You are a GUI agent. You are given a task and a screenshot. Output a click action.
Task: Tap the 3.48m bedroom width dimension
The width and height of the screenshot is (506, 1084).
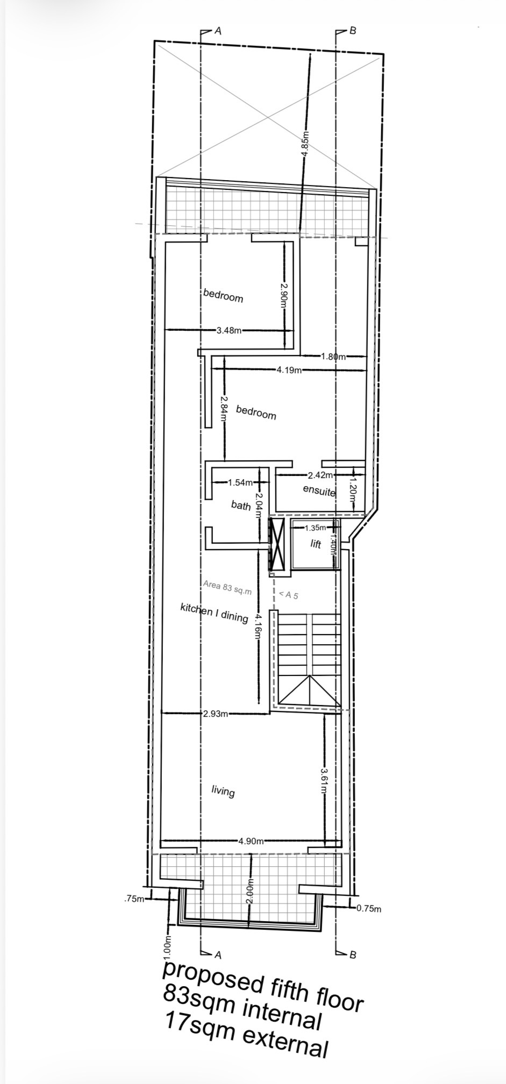click(229, 331)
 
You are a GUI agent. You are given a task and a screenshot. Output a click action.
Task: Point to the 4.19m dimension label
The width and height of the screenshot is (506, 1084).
click(289, 370)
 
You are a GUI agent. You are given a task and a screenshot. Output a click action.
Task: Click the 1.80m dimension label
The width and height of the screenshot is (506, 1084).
click(333, 356)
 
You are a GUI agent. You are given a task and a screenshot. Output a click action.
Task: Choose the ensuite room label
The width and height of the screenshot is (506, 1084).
click(319, 490)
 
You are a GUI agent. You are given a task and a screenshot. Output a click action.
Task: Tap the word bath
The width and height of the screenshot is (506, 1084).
click(241, 505)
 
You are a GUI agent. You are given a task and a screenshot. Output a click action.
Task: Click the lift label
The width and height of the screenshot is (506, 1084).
click(316, 544)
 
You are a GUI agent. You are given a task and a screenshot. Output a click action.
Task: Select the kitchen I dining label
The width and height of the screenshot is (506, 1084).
click(214, 612)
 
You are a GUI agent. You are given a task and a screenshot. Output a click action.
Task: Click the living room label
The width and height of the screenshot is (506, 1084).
click(223, 791)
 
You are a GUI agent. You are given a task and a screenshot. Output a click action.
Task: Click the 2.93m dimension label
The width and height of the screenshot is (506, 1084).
click(216, 714)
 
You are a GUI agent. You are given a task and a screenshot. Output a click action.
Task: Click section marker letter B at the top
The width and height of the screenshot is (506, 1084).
click(353, 31)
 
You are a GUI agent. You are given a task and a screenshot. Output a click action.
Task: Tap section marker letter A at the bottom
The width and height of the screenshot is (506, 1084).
click(218, 955)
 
